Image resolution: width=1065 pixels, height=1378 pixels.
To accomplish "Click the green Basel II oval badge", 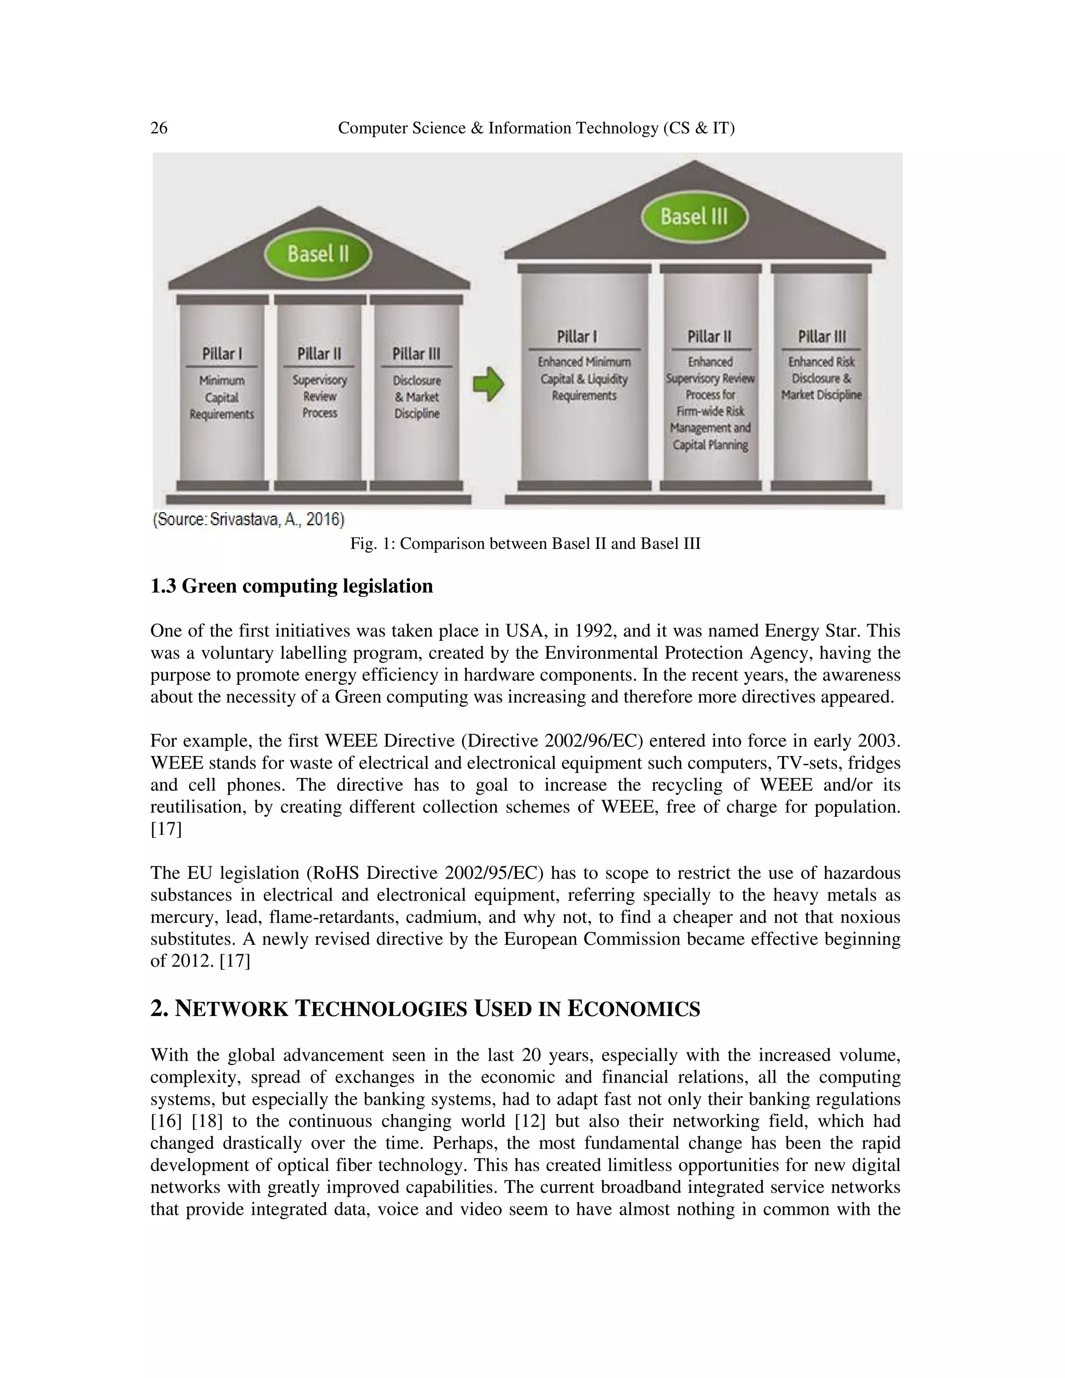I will tap(318, 254).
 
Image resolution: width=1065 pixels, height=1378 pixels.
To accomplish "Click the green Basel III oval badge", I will tap(694, 217).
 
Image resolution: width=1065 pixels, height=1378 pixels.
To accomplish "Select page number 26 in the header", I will tap(159, 128).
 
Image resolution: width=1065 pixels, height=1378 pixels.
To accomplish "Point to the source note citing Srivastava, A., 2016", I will tap(249, 520).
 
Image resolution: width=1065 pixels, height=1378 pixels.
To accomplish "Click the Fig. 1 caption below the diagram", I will tap(526, 543).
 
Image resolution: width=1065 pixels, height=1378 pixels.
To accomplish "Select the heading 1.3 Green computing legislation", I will tap(292, 586).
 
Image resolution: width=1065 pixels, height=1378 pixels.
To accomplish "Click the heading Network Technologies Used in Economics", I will tap(425, 1009).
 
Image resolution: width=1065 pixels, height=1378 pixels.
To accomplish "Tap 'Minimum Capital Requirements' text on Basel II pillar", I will tap(222, 397).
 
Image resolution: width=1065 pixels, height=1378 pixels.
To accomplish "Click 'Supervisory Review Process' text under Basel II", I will tap(319, 397).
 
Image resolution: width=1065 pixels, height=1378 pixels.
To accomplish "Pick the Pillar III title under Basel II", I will tap(417, 354).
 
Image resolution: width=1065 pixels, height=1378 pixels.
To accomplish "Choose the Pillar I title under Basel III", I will tap(577, 337).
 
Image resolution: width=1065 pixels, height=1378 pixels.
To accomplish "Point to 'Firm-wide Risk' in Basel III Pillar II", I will tap(710, 411).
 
